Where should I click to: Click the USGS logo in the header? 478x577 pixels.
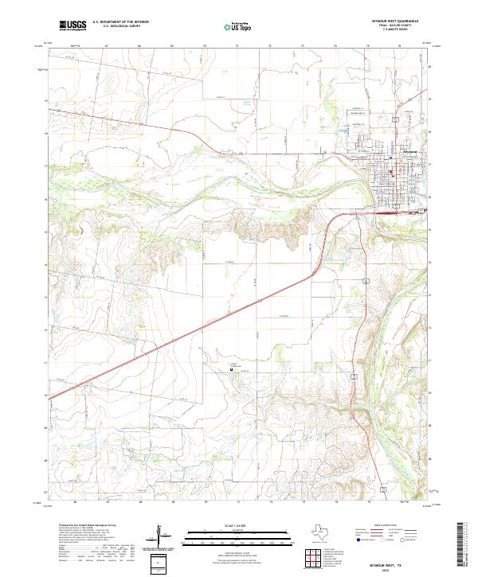click(x=72, y=26)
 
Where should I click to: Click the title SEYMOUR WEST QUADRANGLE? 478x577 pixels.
click(x=396, y=21)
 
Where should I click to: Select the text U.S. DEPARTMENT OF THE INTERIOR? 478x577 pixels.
click(x=120, y=23)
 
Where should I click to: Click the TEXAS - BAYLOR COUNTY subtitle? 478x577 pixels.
click(x=396, y=26)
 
